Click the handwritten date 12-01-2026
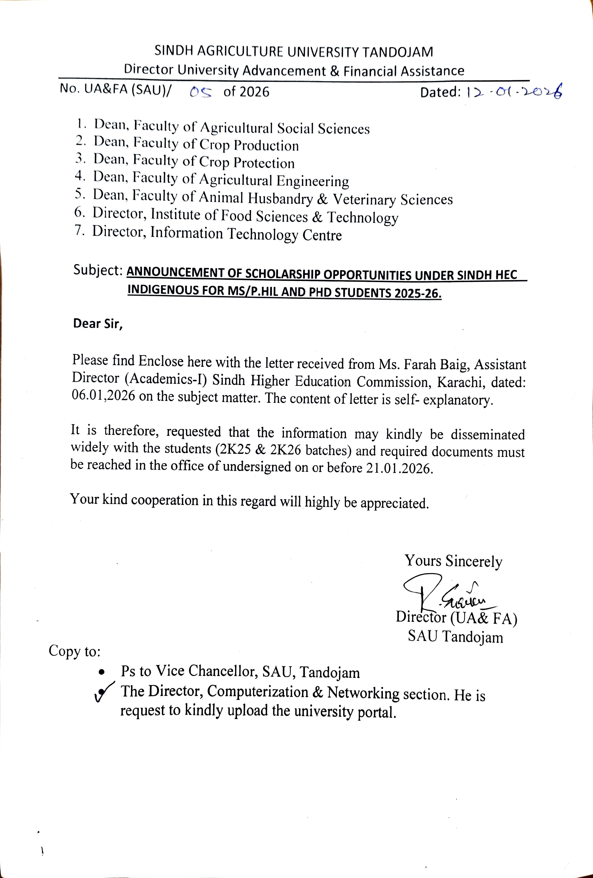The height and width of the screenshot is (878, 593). (514, 92)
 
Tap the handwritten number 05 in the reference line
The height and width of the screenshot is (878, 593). (201, 92)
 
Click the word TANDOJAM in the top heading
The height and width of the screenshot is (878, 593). (398, 52)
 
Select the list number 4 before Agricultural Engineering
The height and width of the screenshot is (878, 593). (79, 176)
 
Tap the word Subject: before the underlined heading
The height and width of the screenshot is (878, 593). (97, 270)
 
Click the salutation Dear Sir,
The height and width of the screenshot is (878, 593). (97, 324)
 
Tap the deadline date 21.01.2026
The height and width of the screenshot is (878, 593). (399, 469)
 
